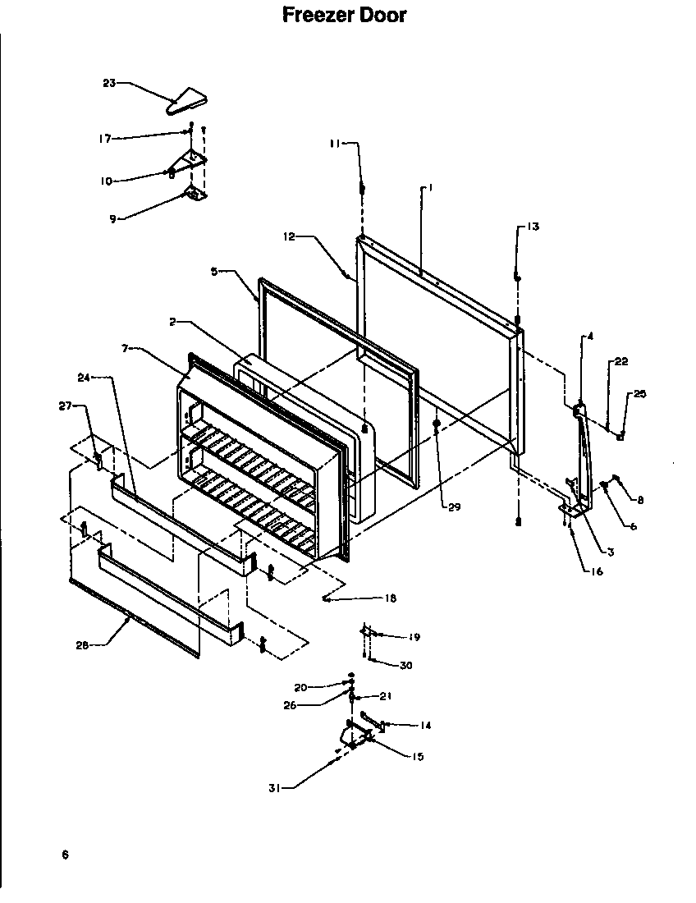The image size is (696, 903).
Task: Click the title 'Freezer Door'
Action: (344, 15)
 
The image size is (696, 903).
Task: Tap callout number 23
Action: (109, 82)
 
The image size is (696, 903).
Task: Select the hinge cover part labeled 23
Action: (188, 102)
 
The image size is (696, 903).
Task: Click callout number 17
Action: (105, 138)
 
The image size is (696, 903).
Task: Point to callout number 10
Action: (106, 181)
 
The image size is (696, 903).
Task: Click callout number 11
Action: (334, 144)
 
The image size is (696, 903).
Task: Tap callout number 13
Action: (533, 227)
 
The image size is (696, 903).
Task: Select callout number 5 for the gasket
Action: (215, 272)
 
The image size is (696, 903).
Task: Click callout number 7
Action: (126, 349)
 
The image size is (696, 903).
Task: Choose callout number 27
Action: (65, 405)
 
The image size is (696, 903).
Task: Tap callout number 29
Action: (454, 507)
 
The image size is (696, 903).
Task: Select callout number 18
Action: (390, 598)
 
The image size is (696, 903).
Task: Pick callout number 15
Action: (418, 757)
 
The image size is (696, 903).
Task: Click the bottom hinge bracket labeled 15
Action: (355, 733)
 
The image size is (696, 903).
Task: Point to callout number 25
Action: (639, 395)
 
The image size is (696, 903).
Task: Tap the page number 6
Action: (64, 855)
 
